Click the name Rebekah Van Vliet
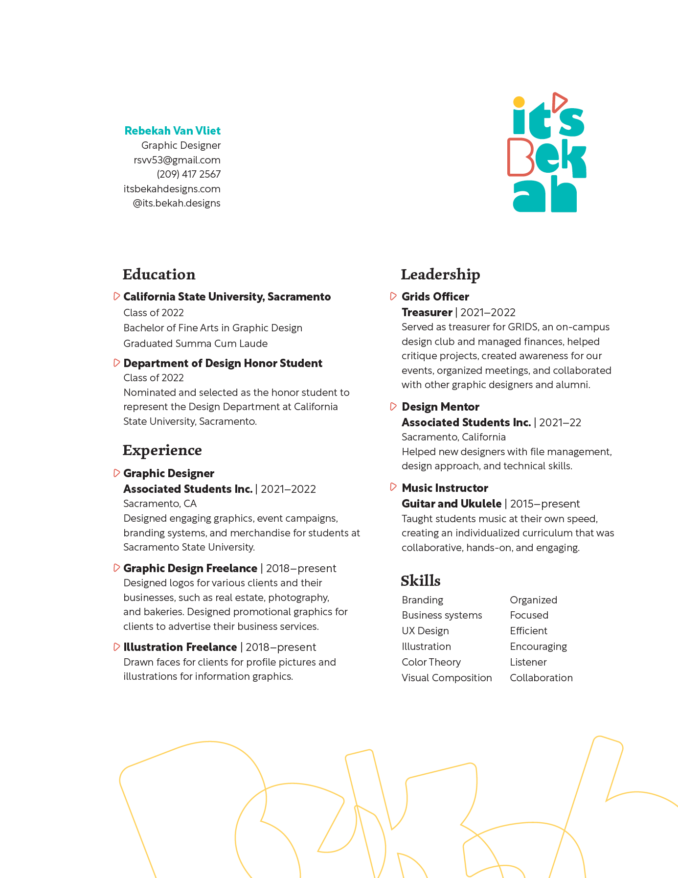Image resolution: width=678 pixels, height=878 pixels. click(x=172, y=131)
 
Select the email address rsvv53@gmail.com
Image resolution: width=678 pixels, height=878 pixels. click(x=177, y=160)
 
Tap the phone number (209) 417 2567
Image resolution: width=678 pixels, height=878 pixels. click(x=188, y=174)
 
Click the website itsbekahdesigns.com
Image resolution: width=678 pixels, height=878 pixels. click(x=172, y=189)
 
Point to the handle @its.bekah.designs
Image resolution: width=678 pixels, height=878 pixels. click(x=176, y=203)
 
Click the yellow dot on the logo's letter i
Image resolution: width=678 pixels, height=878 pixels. click(x=519, y=102)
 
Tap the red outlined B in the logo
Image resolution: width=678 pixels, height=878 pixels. click(x=521, y=157)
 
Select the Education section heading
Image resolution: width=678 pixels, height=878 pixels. click(x=159, y=275)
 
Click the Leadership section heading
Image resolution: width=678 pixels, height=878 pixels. click(x=440, y=275)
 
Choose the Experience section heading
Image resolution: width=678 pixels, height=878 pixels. click(x=162, y=450)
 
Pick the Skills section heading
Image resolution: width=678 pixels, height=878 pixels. click(x=420, y=581)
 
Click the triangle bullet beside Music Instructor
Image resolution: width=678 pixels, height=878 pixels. click(x=393, y=487)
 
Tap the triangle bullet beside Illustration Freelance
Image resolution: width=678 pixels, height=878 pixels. click(x=116, y=647)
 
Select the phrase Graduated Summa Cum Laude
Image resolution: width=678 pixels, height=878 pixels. click(x=195, y=344)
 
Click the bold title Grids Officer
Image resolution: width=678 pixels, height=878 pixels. click(x=435, y=297)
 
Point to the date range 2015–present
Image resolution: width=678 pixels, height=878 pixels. click(x=545, y=504)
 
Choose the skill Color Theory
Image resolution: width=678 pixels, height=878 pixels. click(x=431, y=662)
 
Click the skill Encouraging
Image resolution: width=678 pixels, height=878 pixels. click(x=538, y=647)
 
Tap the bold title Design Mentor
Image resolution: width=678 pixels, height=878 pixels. click(x=440, y=407)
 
